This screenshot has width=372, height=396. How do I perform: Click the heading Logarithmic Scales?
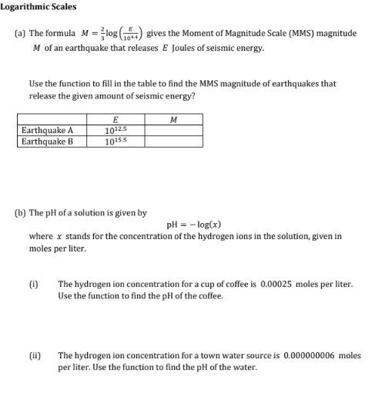pos(39,7)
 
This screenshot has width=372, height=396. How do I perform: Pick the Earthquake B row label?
pos(47,141)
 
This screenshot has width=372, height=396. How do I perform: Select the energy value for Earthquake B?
pos(115,141)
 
